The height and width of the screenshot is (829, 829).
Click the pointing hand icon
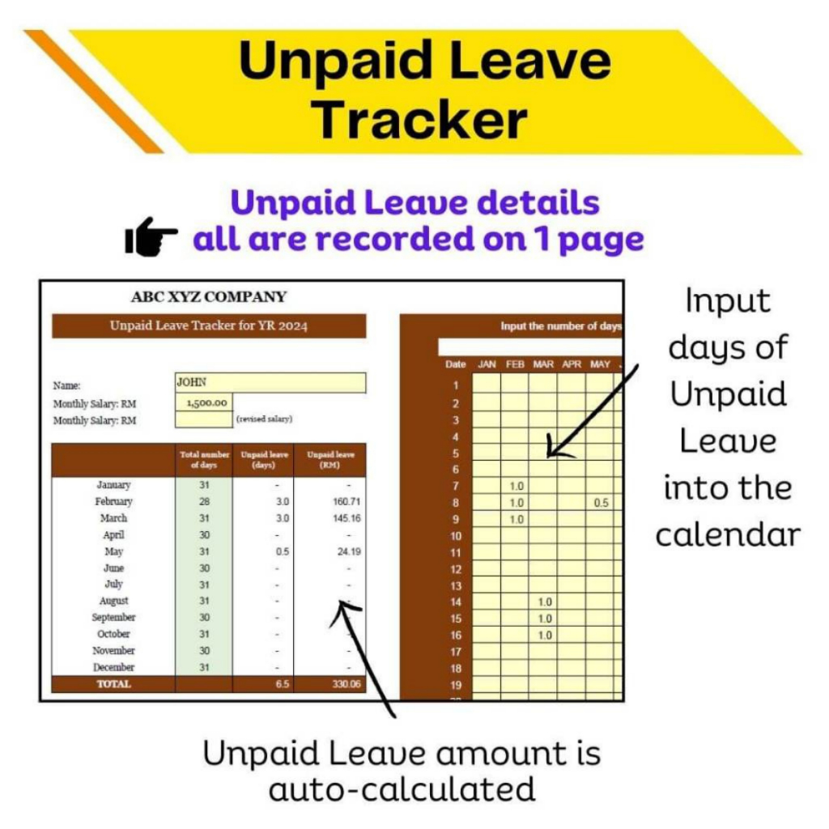(151, 237)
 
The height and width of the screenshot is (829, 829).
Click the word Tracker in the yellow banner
(421, 120)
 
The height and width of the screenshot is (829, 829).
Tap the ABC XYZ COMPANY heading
(209, 296)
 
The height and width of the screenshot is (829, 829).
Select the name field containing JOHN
(270, 382)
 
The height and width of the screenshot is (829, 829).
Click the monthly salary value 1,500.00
(206, 403)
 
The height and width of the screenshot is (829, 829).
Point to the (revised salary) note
(264, 419)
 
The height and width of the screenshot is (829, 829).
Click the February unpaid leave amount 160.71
(346, 501)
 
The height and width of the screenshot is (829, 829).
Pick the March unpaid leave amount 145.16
(346, 518)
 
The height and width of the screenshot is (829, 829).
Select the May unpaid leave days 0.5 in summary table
(283, 551)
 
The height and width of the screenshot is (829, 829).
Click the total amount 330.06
(346, 683)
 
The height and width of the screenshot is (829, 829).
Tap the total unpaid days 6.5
(283, 683)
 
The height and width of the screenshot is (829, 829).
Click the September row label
(113, 618)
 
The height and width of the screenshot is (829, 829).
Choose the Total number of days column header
(204, 460)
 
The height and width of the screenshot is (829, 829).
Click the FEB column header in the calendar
(515, 364)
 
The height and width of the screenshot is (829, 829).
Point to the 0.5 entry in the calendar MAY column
(602, 503)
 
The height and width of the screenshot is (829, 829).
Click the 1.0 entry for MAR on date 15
(545, 619)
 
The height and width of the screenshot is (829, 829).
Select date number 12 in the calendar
(456, 569)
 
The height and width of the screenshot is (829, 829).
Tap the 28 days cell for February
(204, 501)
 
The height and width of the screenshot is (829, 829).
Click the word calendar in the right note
(728, 535)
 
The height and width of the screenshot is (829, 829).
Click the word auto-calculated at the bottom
(402, 790)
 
